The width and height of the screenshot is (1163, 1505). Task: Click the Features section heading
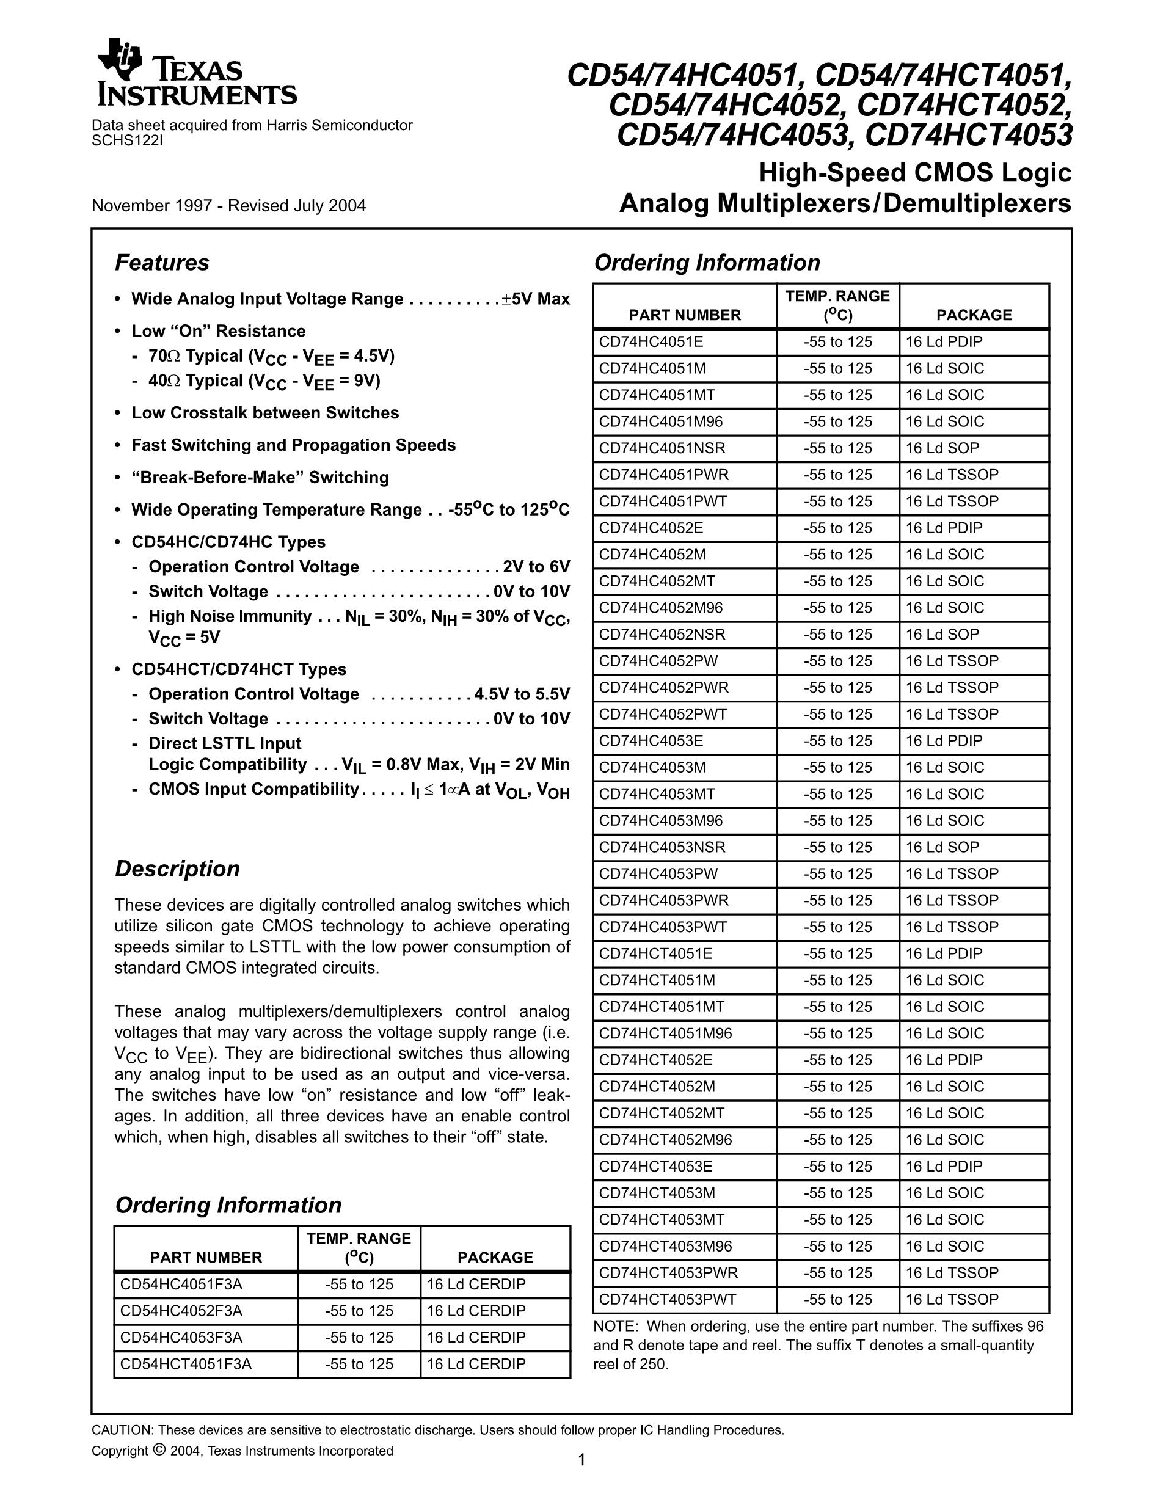(162, 263)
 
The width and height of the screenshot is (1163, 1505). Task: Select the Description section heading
(177, 869)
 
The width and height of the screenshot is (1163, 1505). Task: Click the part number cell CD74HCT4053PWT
(667, 1299)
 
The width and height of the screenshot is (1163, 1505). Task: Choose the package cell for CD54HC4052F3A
(475, 1311)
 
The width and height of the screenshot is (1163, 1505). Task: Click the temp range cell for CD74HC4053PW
(837, 874)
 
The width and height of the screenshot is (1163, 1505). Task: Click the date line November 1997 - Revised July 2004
(228, 206)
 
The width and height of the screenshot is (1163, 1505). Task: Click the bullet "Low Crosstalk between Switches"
(265, 413)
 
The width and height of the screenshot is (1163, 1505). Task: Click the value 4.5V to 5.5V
(522, 694)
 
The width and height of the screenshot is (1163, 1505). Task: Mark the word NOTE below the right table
(614, 1326)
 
